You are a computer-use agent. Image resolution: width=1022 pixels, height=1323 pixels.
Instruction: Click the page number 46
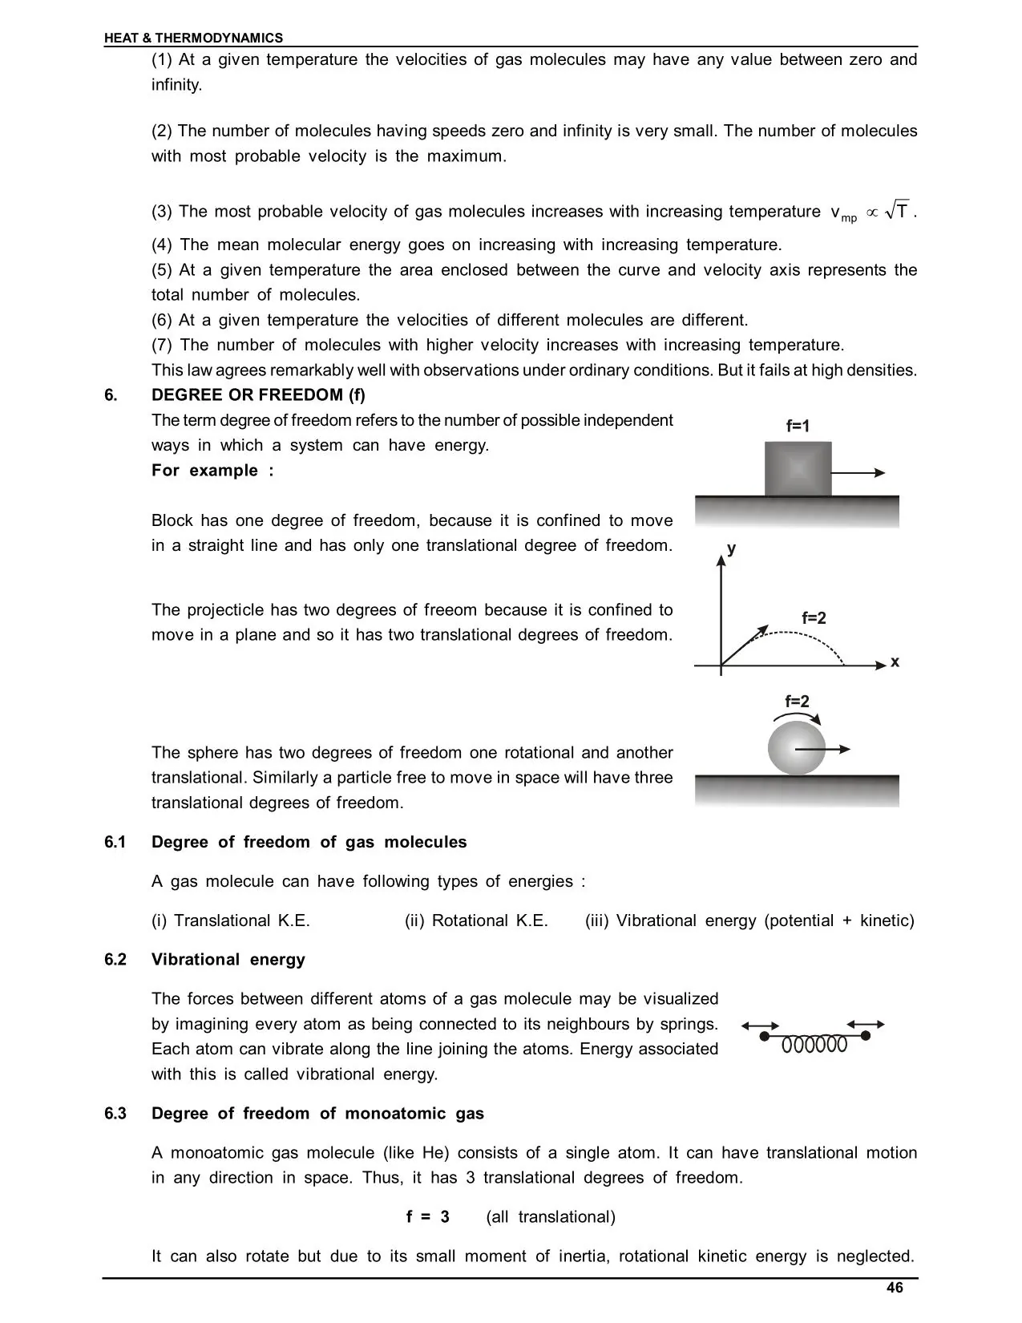point(895,1288)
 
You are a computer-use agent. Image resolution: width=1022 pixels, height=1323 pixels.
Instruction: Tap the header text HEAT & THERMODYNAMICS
point(193,38)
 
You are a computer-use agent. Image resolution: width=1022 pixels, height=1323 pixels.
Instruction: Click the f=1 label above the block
point(798,427)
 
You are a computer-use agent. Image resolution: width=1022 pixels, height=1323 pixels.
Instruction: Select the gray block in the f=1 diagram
point(798,468)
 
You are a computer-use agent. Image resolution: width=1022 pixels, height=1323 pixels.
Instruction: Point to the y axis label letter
point(731,548)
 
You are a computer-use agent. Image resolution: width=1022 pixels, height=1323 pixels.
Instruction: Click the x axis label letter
point(895,661)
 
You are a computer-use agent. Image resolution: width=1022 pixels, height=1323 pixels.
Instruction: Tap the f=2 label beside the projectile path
point(814,618)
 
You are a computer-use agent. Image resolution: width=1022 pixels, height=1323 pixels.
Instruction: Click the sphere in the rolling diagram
point(795,748)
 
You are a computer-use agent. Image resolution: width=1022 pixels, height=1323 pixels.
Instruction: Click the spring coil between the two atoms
point(814,1045)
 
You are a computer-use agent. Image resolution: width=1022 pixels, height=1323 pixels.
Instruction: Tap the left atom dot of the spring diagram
point(764,1036)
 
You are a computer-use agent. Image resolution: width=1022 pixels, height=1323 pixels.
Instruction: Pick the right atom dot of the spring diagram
point(866,1035)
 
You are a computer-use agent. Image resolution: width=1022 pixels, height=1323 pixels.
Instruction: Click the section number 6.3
point(115,1114)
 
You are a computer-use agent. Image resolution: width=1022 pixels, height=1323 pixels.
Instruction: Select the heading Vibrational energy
point(228,960)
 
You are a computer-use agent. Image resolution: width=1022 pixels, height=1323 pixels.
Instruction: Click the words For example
point(212,471)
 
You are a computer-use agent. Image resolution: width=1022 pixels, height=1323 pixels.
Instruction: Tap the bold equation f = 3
point(428,1217)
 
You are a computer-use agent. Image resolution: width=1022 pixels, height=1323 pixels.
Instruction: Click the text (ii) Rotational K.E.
point(476,920)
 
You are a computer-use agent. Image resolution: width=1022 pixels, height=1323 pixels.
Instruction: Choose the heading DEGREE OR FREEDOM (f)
point(258,394)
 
